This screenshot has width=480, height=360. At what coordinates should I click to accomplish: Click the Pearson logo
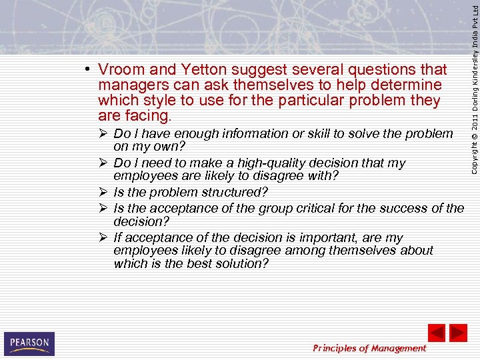pyautogui.click(x=29, y=343)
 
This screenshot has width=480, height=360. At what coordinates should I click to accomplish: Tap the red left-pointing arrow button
pyautogui.click(x=436, y=333)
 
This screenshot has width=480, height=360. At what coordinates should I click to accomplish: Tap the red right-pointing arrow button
pyautogui.click(x=458, y=333)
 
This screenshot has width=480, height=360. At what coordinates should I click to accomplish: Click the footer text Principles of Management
pyautogui.click(x=369, y=348)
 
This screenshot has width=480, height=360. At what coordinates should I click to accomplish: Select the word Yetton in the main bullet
pyautogui.click(x=196, y=70)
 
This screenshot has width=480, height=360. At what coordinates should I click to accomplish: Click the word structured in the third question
pyautogui.click(x=235, y=192)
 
